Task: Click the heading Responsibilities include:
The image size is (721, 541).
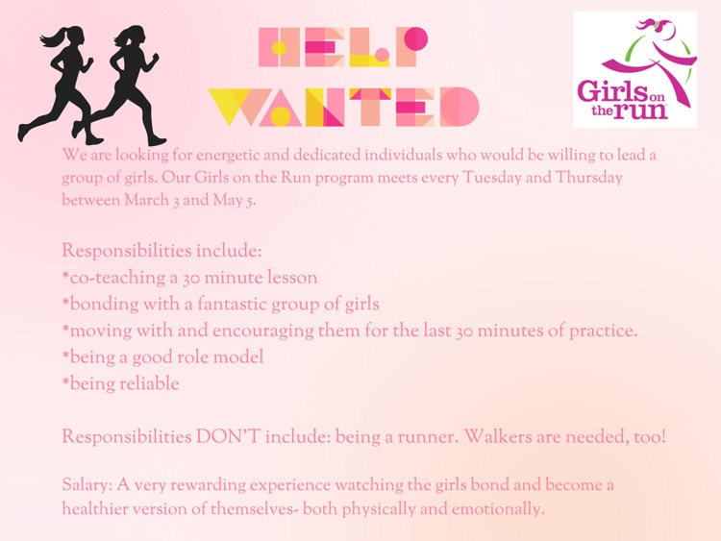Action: tap(162, 251)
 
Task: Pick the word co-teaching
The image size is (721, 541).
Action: tap(115, 278)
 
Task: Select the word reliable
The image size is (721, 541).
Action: tap(147, 384)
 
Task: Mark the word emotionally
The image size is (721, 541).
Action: tap(491, 509)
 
